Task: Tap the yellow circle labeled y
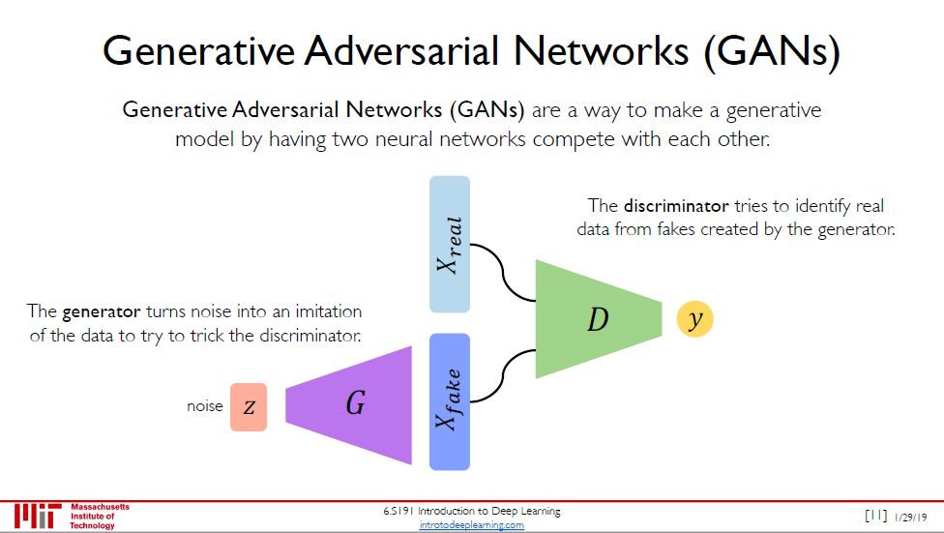[x=694, y=318]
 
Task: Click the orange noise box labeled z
[x=249, y=407]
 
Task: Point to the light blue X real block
[x=449, y=244]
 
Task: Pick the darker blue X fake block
[x=449, y=401]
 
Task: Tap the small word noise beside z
[x=204, y=407]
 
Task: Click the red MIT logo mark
[x=38, y=516]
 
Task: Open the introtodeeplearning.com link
[x=472, y=525]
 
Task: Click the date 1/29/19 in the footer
[x=910, y=517]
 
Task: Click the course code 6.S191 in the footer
[x=400, y=511]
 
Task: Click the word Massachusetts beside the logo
[x=101, y=507]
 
